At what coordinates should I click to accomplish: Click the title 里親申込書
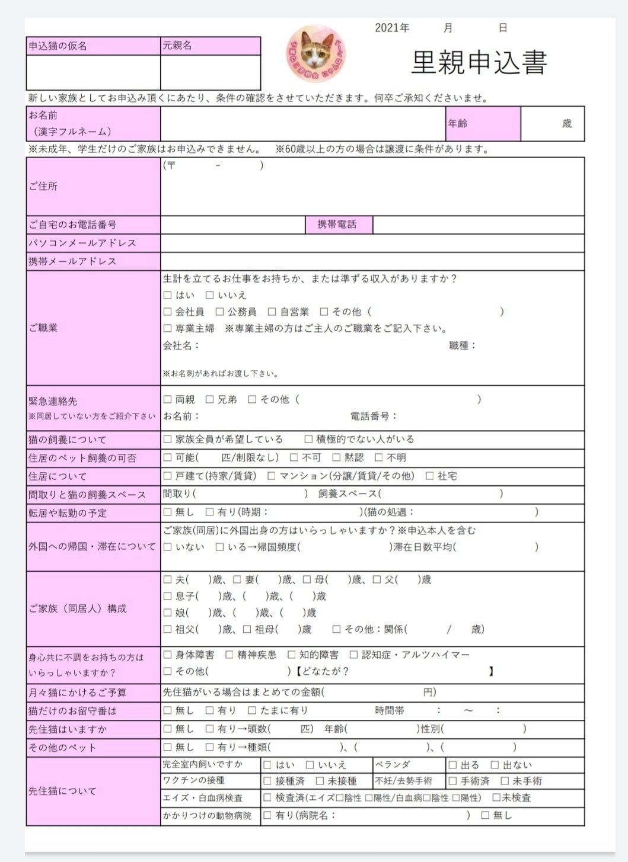pos(479,62)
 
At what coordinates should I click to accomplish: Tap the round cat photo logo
pos(316,53)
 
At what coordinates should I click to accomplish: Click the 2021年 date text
pos(392,28)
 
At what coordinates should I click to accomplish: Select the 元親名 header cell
pos(210,46)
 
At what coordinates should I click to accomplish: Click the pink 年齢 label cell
pos(483,123)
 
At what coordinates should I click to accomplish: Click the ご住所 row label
pos(93,186)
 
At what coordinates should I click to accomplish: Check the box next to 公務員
pos(219,312)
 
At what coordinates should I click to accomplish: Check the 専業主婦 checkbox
pos(167,328)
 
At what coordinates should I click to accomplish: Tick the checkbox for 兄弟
pos(209,400)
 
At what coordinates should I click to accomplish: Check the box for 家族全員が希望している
pos(167,440)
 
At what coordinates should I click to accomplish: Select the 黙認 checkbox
pos(336,458)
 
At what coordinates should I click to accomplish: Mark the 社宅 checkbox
pos(429,476)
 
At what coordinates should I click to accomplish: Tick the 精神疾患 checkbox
pos(229,655)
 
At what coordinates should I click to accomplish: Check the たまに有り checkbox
pos(252,710)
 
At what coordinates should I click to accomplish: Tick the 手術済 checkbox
pos(452,781)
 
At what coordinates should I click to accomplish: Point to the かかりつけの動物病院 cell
pos(210,816)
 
